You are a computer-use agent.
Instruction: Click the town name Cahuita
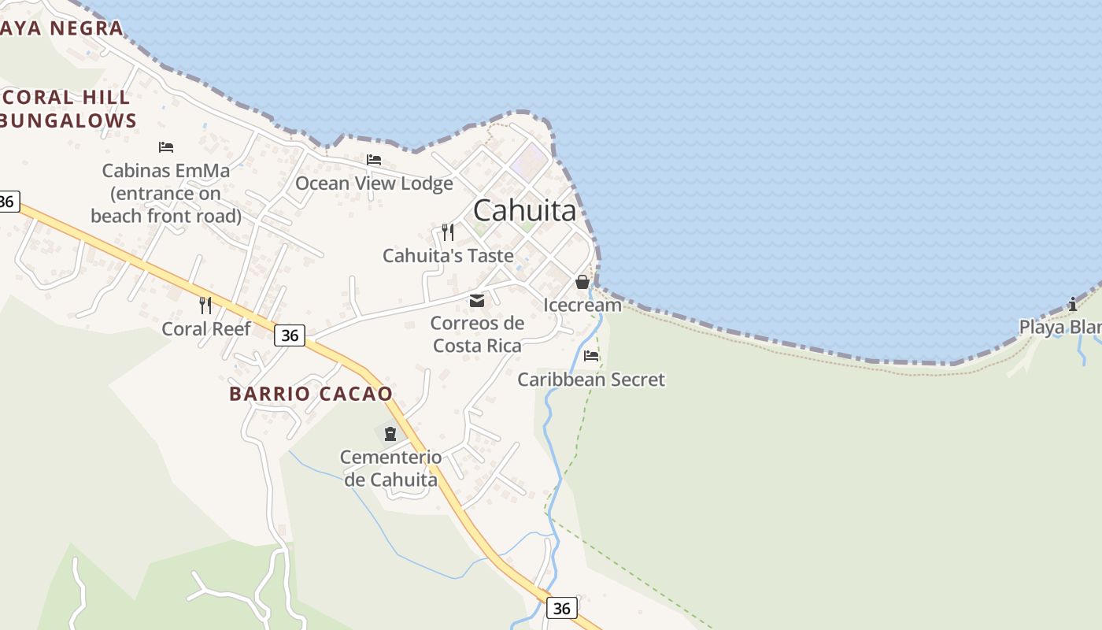tap(525, 210)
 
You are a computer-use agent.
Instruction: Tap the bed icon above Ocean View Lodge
tap(374, 160)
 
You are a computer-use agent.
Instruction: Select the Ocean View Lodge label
tap(374, 183)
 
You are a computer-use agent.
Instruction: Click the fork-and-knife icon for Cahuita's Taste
tap(447, 232)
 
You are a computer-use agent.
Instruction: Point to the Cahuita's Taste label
tap(448, 255)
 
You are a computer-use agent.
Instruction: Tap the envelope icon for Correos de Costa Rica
tap(476, 300)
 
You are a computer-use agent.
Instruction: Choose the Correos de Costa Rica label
tap(477, 334)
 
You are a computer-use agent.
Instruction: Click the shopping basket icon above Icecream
tap(582, 282)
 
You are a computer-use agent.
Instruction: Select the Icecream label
tap(582, 305)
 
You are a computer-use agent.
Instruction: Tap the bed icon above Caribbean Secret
tap(591, 356)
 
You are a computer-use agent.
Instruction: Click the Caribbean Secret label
tap(591, 380)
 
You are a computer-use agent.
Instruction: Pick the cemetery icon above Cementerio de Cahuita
tap(390, 433)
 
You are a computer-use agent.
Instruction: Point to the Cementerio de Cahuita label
tap(390, 468)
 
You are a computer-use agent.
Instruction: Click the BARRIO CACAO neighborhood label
tap(311, 394)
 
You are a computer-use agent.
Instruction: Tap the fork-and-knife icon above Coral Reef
tap(205, 305)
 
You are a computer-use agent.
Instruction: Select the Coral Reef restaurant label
tap(205, 328)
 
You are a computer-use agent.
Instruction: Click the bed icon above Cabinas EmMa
tap(165, 147)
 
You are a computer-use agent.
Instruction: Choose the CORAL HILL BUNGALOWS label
tap(68, 109)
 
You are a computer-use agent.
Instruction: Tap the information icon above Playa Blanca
tap(1072, 304)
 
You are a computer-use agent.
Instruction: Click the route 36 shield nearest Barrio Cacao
tap(290, 335)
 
